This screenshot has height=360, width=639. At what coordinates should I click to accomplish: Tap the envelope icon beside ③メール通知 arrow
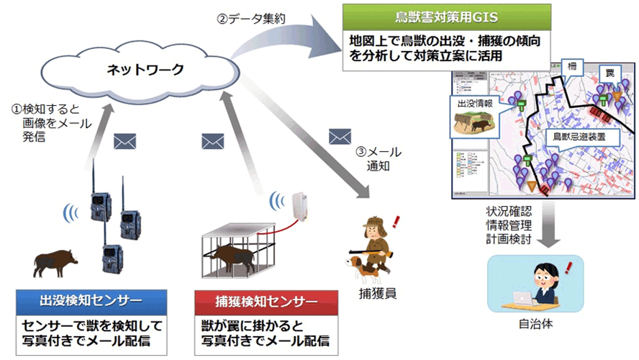pyautogui.click(x=339, y=136)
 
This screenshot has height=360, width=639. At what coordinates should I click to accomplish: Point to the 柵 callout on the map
pyautogui.click(x=573, y=64)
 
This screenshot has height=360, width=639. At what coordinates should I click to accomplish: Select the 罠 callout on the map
pyautogui.click(x=609, y=74)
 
